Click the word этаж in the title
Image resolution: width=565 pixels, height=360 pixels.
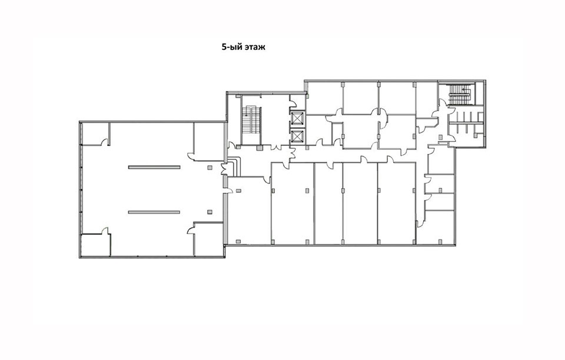[x=254, y=47]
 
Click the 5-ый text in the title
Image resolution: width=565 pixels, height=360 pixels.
[x=231, y=47]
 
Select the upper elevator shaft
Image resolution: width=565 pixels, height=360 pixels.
[x=298, y=118]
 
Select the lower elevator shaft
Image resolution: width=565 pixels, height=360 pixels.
[x=298, y=136]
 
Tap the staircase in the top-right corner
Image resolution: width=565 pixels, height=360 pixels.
[x=460, y=94]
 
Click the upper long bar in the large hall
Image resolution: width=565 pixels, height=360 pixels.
[x=154, y=167]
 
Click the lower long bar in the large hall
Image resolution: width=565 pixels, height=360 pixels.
[x=154, y=212]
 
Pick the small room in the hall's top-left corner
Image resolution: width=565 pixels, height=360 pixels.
[x=95, y=134]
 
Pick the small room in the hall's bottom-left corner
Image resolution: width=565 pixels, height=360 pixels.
[x=95, y=245]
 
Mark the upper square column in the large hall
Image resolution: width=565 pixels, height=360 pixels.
[x=210, y=167]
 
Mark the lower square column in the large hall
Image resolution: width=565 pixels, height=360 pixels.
[x=210, y=212]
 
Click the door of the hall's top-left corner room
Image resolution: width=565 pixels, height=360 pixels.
[x=105, y=142]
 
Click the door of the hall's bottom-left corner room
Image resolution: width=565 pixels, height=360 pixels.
[x=105, y=231]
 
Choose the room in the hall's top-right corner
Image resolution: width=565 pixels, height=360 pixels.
[x=209, y=142]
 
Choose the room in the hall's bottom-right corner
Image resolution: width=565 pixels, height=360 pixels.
[x=209, y=239]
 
